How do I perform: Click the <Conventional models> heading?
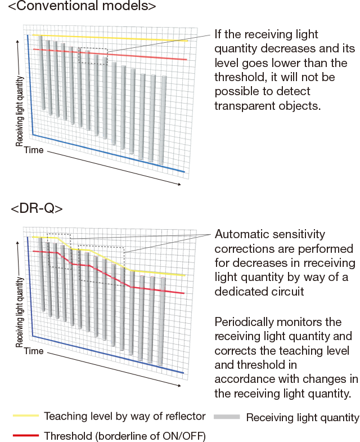point(82,7)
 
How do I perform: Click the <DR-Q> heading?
point(37,208)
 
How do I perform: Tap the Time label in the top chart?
point(34,150)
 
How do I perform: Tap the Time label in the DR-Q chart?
point(34,351)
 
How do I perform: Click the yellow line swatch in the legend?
point(26,416)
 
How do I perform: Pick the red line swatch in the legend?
point(26,435)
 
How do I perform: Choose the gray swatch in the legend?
point(227,417)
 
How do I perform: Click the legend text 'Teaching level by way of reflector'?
point(125,416)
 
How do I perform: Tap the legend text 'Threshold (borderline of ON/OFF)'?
point(125,435)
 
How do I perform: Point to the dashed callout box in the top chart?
point(93,56)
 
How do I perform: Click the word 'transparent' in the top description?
point(243,105)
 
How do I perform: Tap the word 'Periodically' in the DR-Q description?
point(245,322)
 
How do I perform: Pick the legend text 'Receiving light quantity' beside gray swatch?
point(303,417)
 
